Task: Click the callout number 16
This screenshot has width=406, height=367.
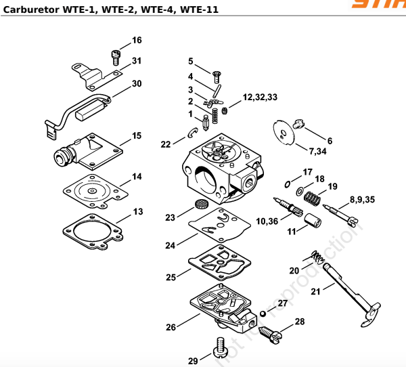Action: pyautogui.click(x=137, y=41)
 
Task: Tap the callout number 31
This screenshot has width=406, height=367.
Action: pyautogui.click(x=137, y=61)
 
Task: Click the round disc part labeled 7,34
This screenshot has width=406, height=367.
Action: pyautogui.click(x=285, y=131)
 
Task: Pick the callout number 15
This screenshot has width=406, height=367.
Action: pyautogui.click(x=137, y=136)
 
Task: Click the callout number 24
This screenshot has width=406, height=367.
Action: pyautogui.click(x=170, y=245)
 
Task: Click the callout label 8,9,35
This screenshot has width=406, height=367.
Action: pyautogui.click(x=361, y=200)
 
